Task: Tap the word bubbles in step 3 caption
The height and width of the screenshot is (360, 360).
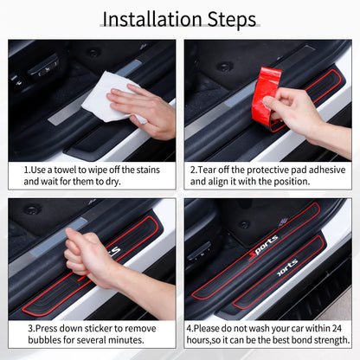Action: click(x=43, y=344)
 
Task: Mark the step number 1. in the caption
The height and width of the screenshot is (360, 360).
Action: click(x=28, y=170)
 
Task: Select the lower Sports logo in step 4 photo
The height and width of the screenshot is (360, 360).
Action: click(x=286, y=265)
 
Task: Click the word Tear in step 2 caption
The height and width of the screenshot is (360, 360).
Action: click(x=209, y=170)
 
